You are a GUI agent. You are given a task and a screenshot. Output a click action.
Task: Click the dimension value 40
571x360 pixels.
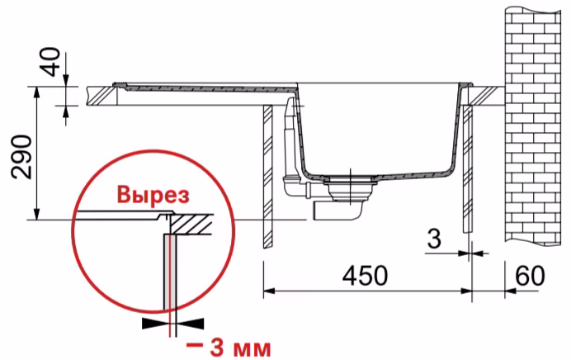pyautogui.click(x=52, y=62)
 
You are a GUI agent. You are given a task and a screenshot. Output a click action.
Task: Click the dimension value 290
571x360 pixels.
pyautogui.click(x=21, y=157)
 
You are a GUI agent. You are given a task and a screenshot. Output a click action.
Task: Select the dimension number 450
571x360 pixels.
pyautogui.click(x=365, y=276)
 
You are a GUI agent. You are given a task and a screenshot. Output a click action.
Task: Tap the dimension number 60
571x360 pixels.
pyautogui.click(x=531, y=276)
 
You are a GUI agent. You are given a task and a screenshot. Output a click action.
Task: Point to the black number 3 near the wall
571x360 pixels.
pyautogui.click(x=434, y=239)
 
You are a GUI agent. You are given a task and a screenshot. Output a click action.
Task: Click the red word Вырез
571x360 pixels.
pyautogui.click(x=153, y=195)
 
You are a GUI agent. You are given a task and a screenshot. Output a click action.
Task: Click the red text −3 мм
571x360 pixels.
pyautogui.click(x=229, y=348)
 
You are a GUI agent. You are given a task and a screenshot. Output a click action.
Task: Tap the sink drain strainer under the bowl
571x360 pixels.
pyautogui.click(x=350, y=187)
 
